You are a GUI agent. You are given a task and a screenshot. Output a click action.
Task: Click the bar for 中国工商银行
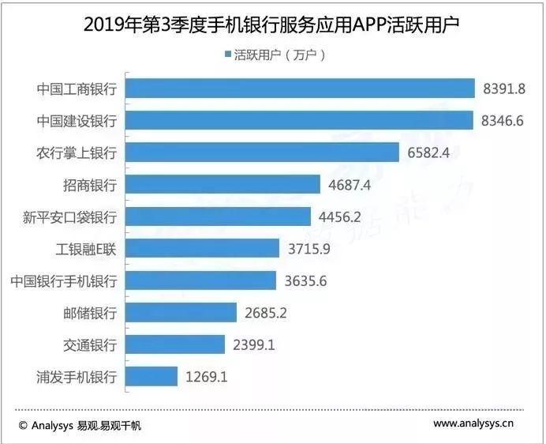(300, 88)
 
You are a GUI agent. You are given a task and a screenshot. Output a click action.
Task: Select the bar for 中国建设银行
(299, 120)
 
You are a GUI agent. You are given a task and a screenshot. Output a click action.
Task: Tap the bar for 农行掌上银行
(263, 152)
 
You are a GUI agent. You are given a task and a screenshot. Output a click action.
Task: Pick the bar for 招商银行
(223, 185)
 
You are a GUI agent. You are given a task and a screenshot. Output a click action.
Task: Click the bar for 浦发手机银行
(151, 377)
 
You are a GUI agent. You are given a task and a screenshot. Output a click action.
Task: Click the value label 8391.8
(503, 88)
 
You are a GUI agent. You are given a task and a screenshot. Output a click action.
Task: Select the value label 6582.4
(428, 152)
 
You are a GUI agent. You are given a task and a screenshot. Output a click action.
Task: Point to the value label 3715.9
(309, 249)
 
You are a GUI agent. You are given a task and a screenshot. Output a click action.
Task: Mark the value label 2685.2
(265, 313)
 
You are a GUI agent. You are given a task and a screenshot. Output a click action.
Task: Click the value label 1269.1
(206, 377)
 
